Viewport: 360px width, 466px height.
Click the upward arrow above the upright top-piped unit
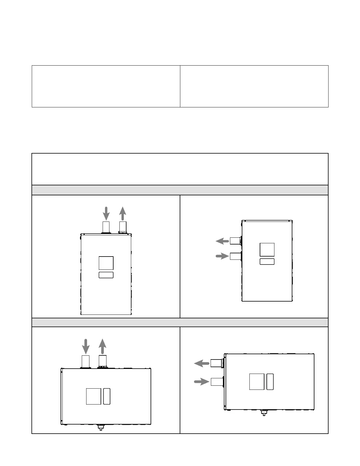[123, 213]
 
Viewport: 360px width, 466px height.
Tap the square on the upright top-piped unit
[106, 263]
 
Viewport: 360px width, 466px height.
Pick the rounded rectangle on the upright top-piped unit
[106, 275]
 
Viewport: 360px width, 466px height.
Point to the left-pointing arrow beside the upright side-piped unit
[222, 241]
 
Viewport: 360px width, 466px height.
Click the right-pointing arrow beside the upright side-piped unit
[222, 256]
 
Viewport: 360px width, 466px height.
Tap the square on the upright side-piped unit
[267, 250]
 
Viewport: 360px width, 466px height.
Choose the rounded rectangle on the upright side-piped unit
[267, 262]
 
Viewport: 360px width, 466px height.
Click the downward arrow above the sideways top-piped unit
[86, 346]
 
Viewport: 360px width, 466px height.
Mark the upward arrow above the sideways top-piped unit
[102, 346]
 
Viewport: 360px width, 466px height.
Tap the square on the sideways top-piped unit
[94, 396]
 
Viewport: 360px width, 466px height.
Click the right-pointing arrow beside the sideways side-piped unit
[201, 382]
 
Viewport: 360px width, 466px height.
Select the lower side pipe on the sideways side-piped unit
[217, 382]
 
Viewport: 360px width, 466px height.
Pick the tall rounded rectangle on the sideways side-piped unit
[270, 382]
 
